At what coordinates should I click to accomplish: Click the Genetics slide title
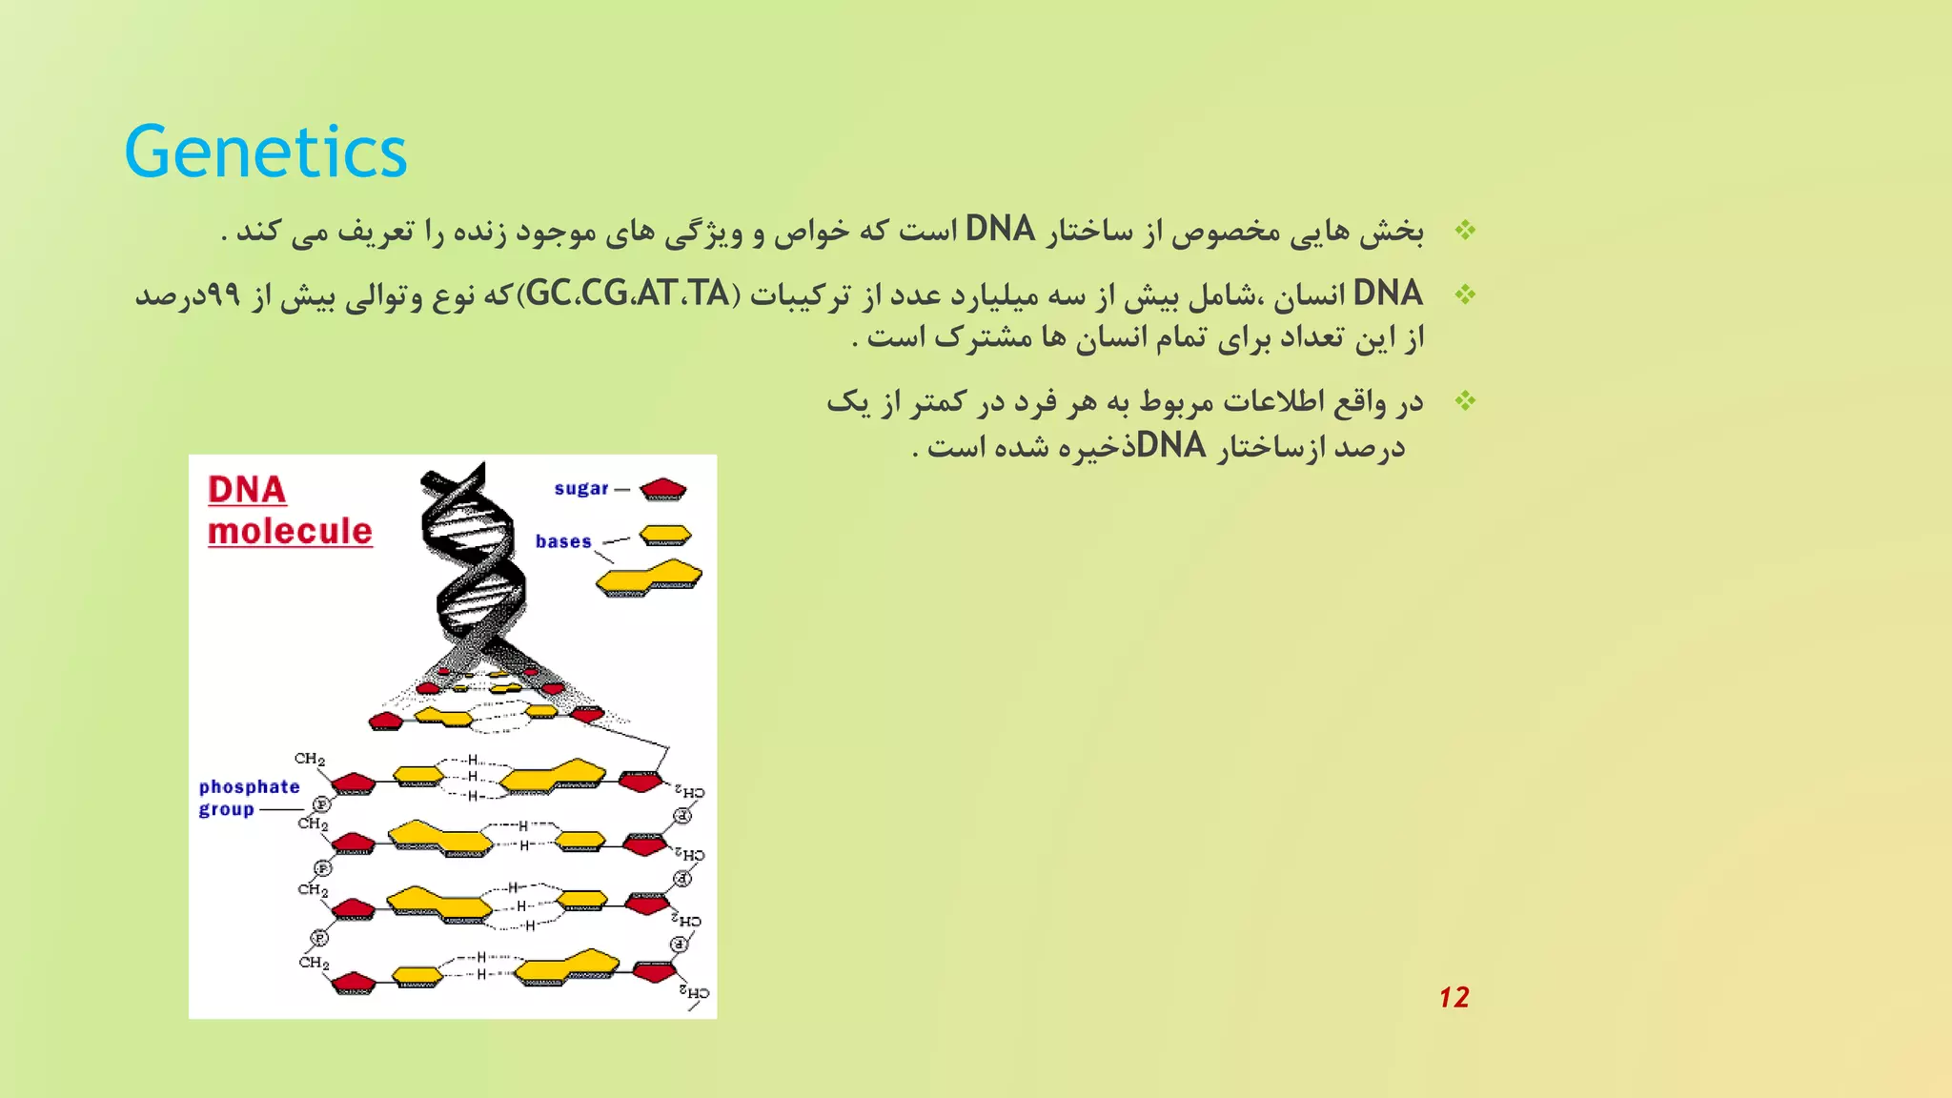(265, 152)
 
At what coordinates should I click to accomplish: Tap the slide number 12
(1454, 997)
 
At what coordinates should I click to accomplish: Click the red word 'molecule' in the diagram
(290, 531)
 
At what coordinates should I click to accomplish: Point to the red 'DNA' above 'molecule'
(247, 490)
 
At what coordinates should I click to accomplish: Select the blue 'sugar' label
(580, 489)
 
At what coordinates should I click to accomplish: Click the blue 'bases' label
(563, 541)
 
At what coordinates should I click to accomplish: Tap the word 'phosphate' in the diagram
(250, 786)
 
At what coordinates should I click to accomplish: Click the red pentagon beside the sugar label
(663, 489)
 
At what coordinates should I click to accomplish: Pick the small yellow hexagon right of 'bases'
(665, 535)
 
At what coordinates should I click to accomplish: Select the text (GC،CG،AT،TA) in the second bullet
(629, 294)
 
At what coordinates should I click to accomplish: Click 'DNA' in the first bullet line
(1000, 230)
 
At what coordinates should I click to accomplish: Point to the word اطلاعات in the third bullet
(1275, 402)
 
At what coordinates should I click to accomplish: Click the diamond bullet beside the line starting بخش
(1465, 231)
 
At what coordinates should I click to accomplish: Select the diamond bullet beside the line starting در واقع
(1465, 401)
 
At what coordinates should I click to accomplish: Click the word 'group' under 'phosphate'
(226, 809)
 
